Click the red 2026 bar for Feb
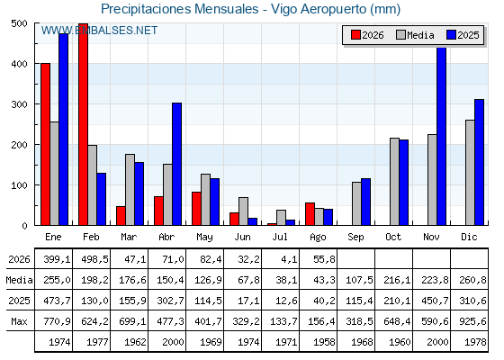(83, 124)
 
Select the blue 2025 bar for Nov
(442, 136)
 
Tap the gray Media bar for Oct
(395, 182)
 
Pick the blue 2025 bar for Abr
(176, 164)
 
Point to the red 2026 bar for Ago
(310, 214)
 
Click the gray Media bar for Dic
(470, 173)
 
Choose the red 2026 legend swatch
(355, 35)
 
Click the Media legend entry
(415, 35)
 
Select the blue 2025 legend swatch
(451, 35)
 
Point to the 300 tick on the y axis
(34, 104)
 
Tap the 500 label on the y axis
(19, 23)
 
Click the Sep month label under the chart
(355, 238)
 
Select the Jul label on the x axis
(280, 237)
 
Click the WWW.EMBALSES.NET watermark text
(99, 31)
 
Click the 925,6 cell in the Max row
(472, 321)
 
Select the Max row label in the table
(19, 321)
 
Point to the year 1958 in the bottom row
(321, 342)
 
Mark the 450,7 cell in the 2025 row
(435, 301)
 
